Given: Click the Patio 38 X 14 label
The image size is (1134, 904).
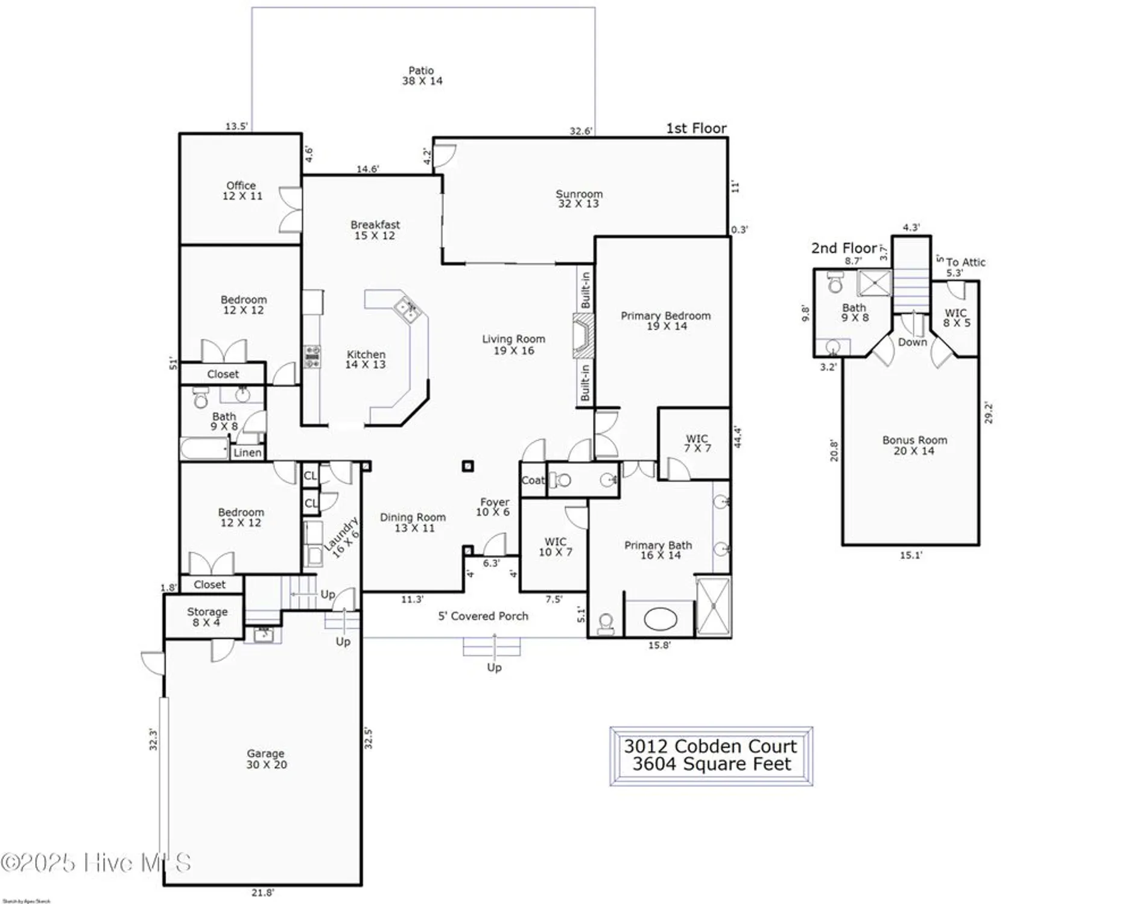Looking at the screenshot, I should click(x=422, y=76).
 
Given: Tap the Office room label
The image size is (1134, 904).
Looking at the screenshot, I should click(x=241, y=186).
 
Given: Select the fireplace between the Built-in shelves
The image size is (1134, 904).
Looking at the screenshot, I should click(x=583, y=336).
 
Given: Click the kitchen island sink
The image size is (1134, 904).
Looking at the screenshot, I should click(x=408, y=309).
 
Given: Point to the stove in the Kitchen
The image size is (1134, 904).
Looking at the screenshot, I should click(x=312, y=357).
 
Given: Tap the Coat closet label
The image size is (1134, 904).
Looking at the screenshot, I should click(x=533, y=480).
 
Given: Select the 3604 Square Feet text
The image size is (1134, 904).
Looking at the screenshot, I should click(x=711, y=765).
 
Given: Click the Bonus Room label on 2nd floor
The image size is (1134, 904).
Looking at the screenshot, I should click(x=914, y=441).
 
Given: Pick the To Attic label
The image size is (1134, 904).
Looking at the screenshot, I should click(x=965, y=262).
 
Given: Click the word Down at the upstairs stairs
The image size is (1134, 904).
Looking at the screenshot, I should click(x=912, y=342).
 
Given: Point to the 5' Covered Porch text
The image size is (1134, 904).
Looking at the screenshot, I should click(x=483, y=616).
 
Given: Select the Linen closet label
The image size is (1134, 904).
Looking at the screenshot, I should click(x=247, y=453).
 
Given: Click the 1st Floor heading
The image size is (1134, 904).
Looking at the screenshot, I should click(x=696, y=128).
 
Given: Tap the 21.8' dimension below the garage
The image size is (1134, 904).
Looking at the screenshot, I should click(x=262, y=893).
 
